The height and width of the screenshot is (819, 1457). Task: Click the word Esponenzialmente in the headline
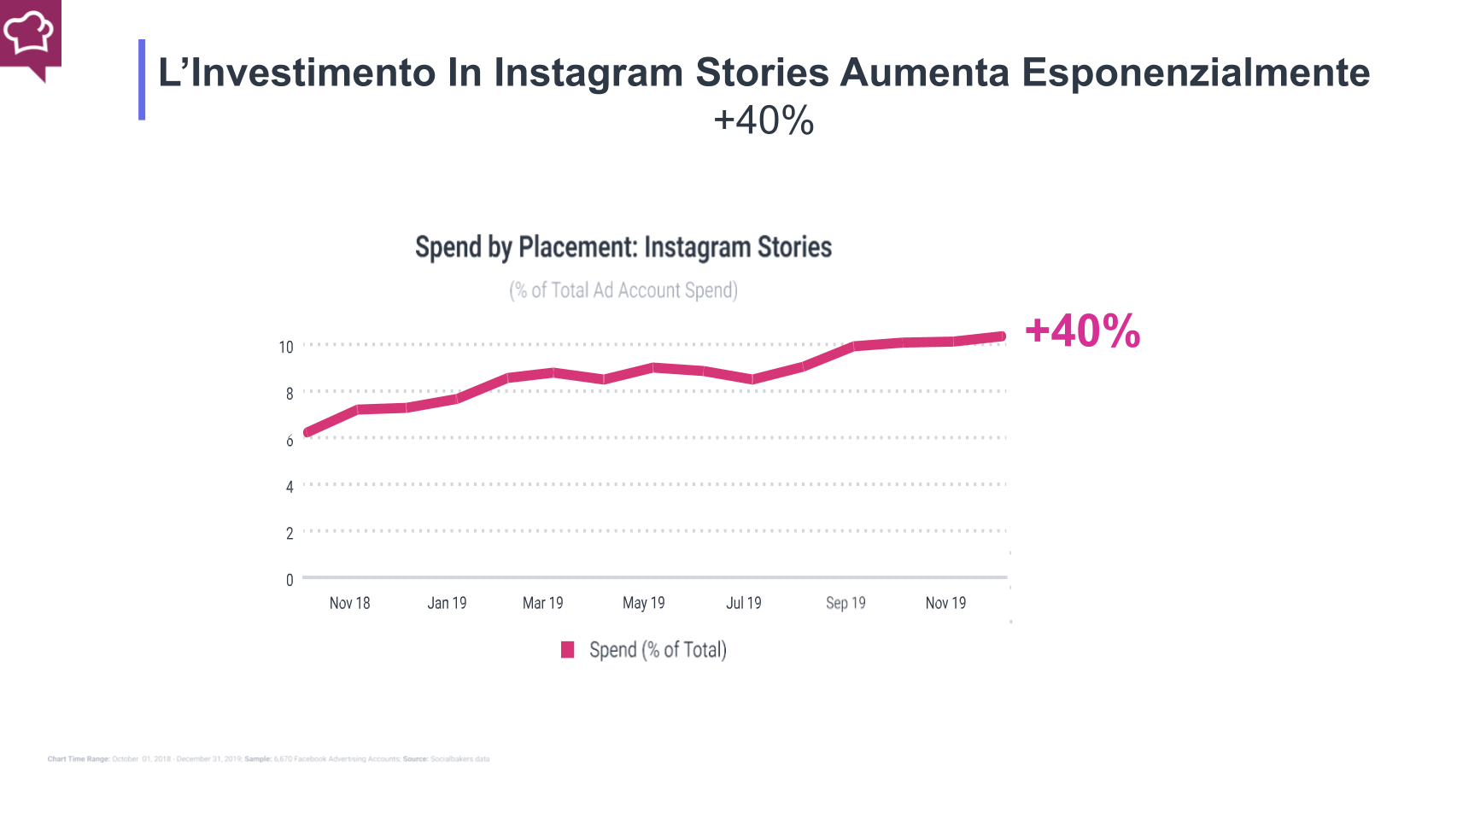coord(1195,73)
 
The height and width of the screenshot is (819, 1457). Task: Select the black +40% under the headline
coord(764,120)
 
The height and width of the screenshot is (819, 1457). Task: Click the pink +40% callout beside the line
coord(1082,331)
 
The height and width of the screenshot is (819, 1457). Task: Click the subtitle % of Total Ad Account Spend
coord(623,290)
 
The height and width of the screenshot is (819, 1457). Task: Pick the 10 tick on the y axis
coord(285,347)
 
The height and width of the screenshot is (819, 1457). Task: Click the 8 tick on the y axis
coord(289,394)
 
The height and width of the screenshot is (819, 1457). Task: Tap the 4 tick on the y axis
coord(289,487)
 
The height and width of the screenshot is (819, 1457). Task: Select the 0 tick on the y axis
coord(289,580)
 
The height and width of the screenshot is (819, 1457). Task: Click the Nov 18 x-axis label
coord(349,603)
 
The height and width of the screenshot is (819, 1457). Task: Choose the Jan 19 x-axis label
coord(447,603)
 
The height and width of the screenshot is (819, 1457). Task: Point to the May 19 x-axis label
coord(643,603)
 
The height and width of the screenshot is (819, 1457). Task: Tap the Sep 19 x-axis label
coord(845,603)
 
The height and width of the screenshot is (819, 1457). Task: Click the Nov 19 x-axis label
coord(945,603)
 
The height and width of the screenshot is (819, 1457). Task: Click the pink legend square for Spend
coord(567,650)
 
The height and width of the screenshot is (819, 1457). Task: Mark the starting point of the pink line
coord(308,432)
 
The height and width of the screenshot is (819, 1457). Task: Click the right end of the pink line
coord(1001,336)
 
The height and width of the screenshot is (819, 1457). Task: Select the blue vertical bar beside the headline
coord(142,79)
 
